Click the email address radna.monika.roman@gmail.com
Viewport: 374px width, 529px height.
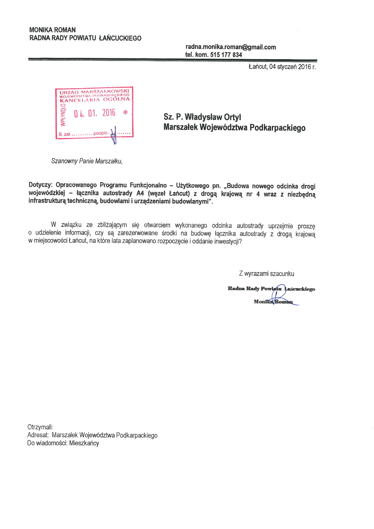(x=231, y=47)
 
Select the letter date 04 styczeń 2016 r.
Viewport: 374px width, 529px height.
(x=292, y=67)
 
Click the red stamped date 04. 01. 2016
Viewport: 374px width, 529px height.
(x=94, y=113)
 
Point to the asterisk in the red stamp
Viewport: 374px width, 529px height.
(x=125, y=112)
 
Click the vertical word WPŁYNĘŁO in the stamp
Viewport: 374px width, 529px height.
(x=63, y=114)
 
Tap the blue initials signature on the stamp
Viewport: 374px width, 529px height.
(x=114, y=135)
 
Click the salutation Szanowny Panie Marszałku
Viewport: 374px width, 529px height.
(x=87, y=161)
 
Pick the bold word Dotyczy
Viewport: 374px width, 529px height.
(x=40, y=185)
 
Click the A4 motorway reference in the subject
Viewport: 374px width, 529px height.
(x=140, y=193)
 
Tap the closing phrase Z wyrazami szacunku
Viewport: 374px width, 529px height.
(x=266, y=273)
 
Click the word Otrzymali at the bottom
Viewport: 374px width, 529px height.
(x=40, y=427)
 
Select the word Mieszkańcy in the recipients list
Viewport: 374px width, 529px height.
(x=84, y=443)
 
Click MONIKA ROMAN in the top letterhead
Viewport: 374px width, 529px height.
(x=52, y=30)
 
